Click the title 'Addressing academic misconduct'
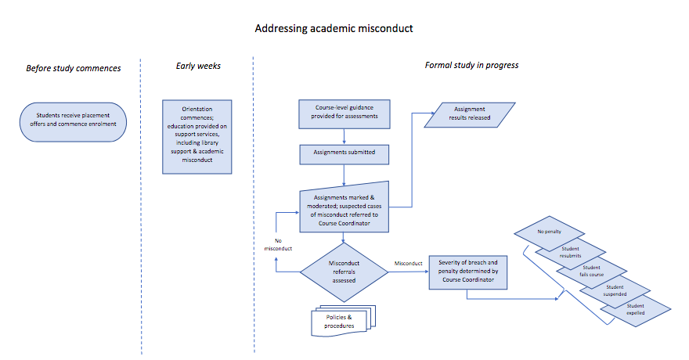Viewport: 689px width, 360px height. (334, 28)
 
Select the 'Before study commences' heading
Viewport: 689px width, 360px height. (74, 68)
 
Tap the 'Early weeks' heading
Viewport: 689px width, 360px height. (198, 66)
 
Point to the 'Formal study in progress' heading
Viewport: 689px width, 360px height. (471, 65)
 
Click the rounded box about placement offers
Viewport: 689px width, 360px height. (73, 122)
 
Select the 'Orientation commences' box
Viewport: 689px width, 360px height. (197, 136)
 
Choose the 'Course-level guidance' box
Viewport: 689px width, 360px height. (344, 114)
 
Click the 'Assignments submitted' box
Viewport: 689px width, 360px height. (344, 153)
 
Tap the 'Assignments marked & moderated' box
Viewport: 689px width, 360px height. (344, 209)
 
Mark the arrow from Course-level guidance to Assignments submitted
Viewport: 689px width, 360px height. (344, 135)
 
